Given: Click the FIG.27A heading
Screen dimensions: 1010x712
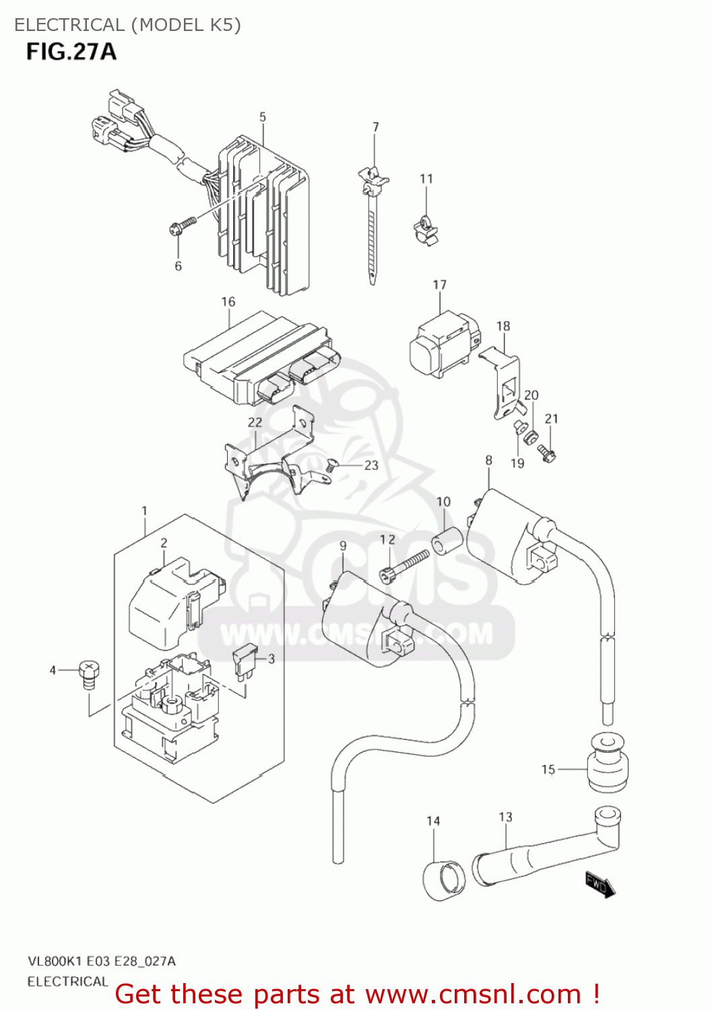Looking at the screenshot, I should [71, 52].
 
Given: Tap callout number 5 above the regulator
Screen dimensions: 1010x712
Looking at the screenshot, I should [263, 117].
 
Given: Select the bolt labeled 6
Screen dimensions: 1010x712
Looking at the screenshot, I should [182, 226].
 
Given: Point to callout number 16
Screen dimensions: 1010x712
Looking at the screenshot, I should [228, 302].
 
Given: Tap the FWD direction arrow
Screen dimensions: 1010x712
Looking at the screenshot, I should [599, 884].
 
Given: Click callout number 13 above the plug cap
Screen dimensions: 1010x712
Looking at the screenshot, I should [505, 817].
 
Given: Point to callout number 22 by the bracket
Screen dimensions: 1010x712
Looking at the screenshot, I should [255, 422].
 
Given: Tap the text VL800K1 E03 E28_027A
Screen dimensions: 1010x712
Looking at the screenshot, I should [102, 961].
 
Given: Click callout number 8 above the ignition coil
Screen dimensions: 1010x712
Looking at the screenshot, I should [488, 460].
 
